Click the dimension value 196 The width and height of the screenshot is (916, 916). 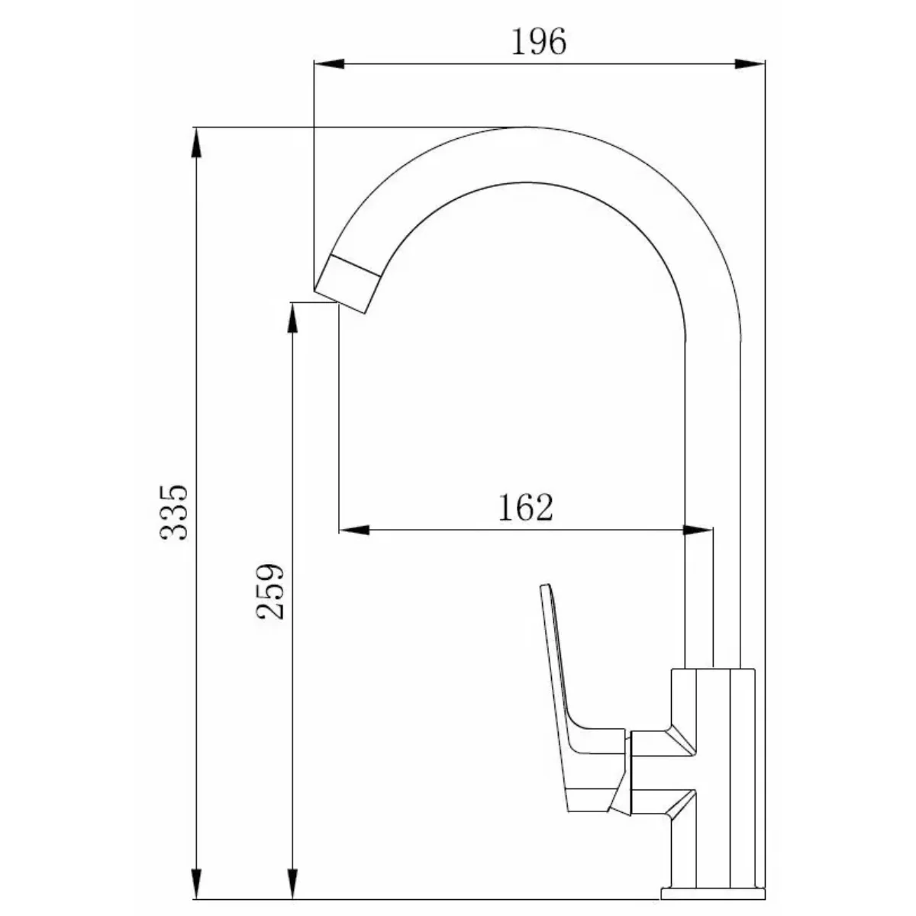pos(539,41)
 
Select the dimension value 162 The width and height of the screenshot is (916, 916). pos(526,507)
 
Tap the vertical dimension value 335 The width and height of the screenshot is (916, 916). pos(174,513)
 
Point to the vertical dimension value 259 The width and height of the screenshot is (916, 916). pos(269,592)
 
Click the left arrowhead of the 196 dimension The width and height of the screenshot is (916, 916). pos(329,63)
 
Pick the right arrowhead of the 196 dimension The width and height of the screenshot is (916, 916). pos(750,63)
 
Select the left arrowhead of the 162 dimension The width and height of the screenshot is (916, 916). pos(353,530)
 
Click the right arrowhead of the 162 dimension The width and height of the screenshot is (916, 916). pos(698,530)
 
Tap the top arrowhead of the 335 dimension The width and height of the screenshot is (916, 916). pos(196,143)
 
